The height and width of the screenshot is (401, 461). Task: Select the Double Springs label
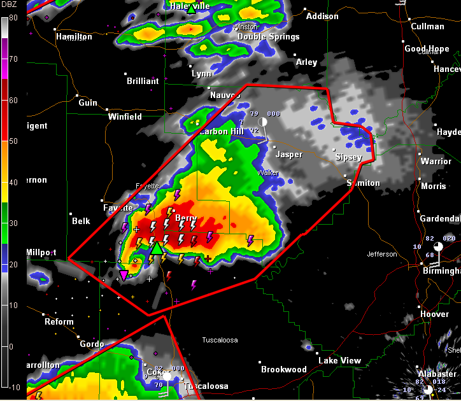pyautogui.click(x=269, y=37)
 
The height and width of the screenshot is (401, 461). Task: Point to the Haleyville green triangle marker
pyautogui.click(x=190, y=9)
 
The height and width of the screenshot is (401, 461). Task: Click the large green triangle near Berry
pyautogui.click(x=156, y=247)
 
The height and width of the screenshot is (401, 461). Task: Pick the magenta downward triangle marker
pyautogui.click(x=124, y=274)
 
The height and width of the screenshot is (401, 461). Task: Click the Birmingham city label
pyautogui.click(x=441, y=271)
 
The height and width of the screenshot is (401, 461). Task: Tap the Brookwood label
pyautogui.click(x=283, y=369)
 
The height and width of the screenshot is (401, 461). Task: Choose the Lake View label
pyautogui.click(x=340, y=361)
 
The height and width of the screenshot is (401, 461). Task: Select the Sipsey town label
pyautogui.click(x=349, y=157)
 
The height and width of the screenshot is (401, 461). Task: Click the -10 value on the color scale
pyautogui.click(x=14, y=387)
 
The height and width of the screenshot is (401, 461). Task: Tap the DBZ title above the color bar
pyautogui.click(x=13, y=8)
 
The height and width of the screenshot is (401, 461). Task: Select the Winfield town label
pyautogui.click(x=125, y=117)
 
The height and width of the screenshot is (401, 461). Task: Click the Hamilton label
pyautogui.click(x=74, y=37)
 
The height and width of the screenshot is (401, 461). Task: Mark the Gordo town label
pyautogui.click(x=92, y=344)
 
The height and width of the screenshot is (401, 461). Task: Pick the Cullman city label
pyautogui.click(x=427, y=27)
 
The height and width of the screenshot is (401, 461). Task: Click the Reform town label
pyautogui.click(x=59, y=322)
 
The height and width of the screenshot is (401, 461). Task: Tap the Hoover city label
pyautogui.click(x=435, y=314)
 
